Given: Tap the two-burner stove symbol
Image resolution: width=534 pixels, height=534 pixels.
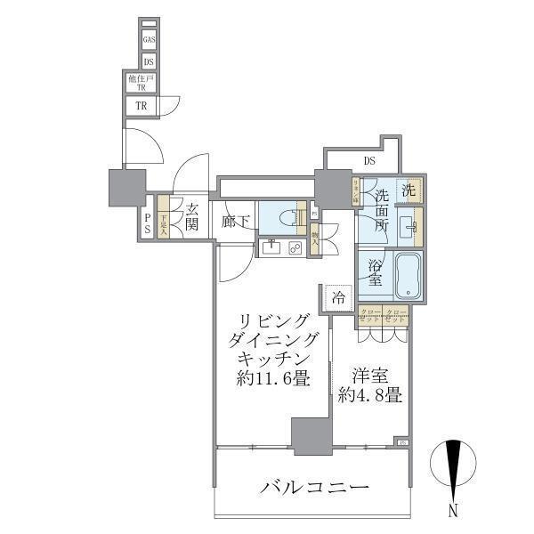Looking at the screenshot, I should [x=294, y=248].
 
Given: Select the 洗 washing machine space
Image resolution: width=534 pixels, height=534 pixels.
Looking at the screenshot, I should [x=409, y=190].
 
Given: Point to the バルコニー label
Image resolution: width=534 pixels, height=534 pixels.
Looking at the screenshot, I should [x=315, y=488].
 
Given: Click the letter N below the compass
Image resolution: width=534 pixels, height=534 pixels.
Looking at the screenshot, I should [x=454, y=511].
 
